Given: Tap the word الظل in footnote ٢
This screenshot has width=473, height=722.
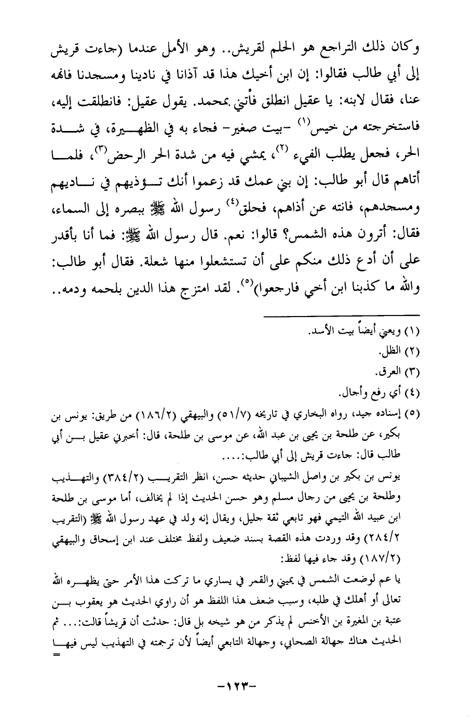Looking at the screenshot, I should pyautogui.click(x=393, y=353).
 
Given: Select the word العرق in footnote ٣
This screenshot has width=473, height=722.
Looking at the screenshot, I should pyautogui.click(x=391, y=373).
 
